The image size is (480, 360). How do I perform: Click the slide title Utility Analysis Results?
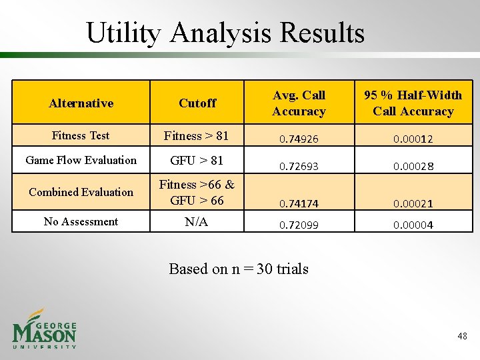click(x=225, y=32)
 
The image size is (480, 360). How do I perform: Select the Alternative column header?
click(x=81, y=103)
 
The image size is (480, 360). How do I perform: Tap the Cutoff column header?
click(x=197, y=103)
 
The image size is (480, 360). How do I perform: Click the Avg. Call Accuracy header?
click(x=299, y=103)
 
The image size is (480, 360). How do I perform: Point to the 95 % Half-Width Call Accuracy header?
click(x=413, y=103)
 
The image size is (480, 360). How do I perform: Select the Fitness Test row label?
click(x=81, y=135)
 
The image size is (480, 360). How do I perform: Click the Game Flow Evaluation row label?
click(x=81, y=160)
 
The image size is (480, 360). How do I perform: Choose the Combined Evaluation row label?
click(x=81, y=192)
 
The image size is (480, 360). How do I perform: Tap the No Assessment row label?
click(x=81, y=221)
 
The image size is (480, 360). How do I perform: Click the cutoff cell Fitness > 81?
click(x=196, y=136)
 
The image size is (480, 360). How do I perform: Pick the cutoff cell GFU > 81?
click(x=197, y=161)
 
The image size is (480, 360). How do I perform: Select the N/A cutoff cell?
click(x=196, y=222)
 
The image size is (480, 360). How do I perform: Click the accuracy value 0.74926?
click(x=299, y=139)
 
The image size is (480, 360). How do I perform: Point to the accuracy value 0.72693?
click(x=299, y=166)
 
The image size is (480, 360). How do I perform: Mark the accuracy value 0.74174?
click(x=299, y=203)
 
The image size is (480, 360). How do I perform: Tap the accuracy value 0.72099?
click(x=299, y=225)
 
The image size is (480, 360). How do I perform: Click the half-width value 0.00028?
click(x=413, y=166)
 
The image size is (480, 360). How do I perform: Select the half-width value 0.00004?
click(x=413, y=225)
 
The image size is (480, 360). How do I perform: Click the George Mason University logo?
click(x=45, y=329)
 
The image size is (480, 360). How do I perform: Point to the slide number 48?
click(x=462, y=337)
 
